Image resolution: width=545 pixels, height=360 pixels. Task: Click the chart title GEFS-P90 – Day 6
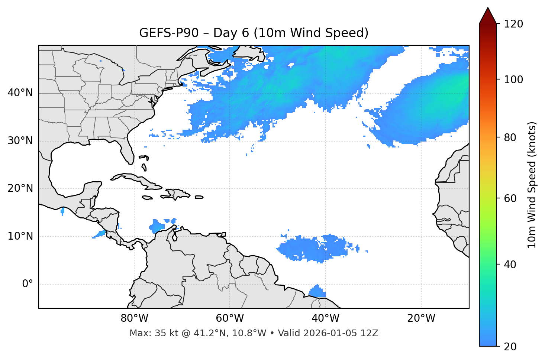pyautogui.click(x=254, y=33)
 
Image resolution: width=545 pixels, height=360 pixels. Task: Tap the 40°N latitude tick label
pyautogui.click(x=20, y=93)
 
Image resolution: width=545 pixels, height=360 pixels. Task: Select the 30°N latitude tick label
pyautogui.click(x=20, y=141)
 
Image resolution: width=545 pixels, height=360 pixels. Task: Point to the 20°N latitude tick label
pyautogui.click(x=20, y=188)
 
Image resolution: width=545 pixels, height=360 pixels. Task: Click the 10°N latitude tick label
pyautogui.click(x=20, y=236)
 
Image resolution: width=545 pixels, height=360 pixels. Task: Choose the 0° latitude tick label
pyautogui.click(x=27, y=284)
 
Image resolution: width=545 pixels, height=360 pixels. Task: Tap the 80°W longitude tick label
pyautogui.click(x=134, y=318)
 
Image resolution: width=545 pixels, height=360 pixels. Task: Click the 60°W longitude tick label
pyautogui.click(x=230, y=318)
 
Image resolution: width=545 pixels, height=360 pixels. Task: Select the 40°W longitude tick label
pyautogui.click(x=325, y=318)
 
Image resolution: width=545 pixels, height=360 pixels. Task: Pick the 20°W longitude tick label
pyautogui.click(x=421, y=318)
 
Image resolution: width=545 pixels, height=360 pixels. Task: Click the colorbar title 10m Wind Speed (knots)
pyautogui.click(x=532, y=185)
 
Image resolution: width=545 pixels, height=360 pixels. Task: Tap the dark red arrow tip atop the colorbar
pyautogui.click(x=488, y=15)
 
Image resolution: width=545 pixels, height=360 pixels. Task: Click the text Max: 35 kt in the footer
pyautogui.click(x=146, y=333)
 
